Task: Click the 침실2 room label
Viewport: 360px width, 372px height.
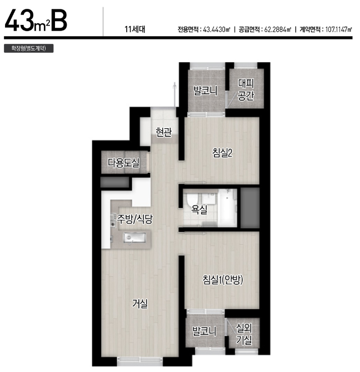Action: [222, 153]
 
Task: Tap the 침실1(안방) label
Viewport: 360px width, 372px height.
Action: [223, 280]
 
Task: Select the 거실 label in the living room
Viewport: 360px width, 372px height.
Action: [140, 304]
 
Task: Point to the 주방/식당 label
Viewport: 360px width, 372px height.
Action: [134, 219]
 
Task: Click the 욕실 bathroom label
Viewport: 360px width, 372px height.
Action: [199, 209]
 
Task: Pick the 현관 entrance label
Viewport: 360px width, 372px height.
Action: [163, 132]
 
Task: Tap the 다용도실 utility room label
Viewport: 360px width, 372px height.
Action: [123, 163]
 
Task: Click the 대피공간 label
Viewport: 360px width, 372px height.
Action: [246, 90]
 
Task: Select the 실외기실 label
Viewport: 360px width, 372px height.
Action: [244, 334]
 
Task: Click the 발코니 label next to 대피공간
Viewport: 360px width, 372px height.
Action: [205, 91]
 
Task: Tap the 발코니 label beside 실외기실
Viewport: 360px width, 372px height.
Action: [204, 331]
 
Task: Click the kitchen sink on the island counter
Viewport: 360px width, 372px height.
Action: [134, 238]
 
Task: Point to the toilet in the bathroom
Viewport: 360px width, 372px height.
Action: [191, 200]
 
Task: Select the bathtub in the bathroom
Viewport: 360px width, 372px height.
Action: [227, 208]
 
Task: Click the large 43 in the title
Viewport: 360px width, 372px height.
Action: [19, 21]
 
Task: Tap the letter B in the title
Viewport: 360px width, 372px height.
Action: [59, 21]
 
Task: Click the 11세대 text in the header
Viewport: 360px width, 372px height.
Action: [135, 29]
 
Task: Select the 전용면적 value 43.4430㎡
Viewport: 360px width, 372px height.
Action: [217, 29]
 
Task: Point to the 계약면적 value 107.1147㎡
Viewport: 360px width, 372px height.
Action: [338, 29]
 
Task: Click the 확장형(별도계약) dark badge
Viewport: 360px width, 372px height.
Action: [29, 48]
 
